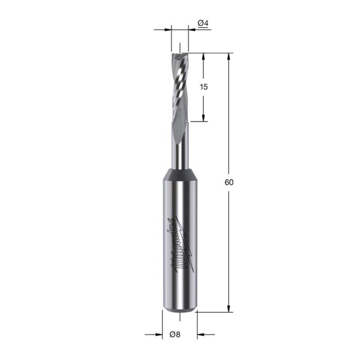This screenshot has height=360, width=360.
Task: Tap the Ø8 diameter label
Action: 175,334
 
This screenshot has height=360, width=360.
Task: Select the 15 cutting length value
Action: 204,87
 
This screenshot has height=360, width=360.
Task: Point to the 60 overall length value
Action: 229,182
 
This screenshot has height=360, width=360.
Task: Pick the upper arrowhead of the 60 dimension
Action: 229,57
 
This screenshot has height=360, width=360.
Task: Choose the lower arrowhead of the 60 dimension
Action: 229,309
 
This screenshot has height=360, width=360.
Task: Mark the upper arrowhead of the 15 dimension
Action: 203,57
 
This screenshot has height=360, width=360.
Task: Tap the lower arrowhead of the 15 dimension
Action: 203,118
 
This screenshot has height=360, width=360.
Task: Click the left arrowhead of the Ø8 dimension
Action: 159,334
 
